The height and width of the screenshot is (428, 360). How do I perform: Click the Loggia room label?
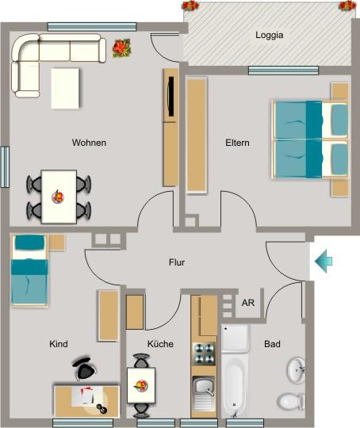[270, 35]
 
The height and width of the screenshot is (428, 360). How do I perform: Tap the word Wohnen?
[89, 143]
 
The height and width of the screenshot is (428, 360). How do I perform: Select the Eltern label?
[237, 143]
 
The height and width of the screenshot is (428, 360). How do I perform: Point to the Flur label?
[177, 262]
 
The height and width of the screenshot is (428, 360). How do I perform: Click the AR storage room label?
[248, 303]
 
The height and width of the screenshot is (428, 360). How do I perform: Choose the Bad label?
[273, 344]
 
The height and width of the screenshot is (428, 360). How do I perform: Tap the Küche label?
[160, 344]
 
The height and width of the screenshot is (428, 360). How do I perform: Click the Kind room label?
[59, 344]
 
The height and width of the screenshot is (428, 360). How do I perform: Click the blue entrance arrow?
[324, 261]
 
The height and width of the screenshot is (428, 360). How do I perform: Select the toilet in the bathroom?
[293, 400]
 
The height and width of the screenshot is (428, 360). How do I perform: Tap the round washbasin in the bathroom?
[297, 369]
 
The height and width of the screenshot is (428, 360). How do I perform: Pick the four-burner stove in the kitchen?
[204, 353]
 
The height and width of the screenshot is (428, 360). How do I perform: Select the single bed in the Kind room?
[30, 269]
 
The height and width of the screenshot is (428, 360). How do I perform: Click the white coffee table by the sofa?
[65, 88]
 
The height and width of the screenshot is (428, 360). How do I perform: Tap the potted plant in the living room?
[121, 48]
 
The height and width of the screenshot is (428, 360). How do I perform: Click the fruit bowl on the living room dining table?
[59, 194]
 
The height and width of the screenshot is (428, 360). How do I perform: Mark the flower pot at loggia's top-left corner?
[191, 6]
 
